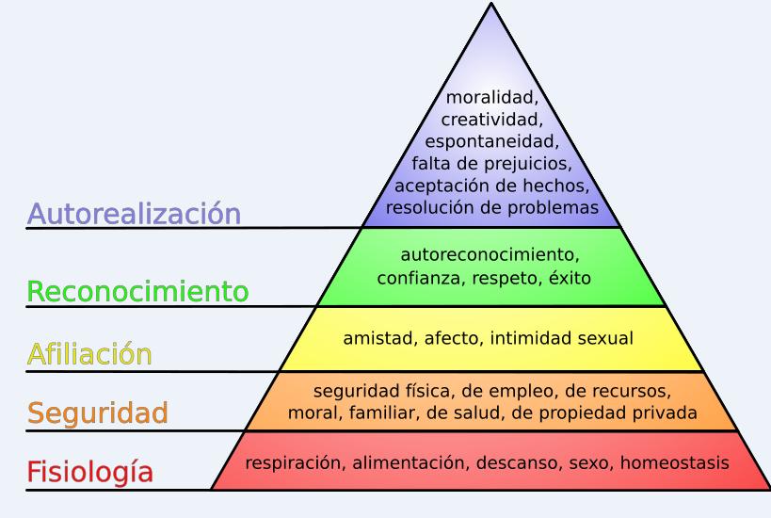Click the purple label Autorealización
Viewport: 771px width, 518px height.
134,214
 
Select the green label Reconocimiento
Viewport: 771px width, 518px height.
137,292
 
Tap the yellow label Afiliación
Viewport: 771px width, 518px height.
89,355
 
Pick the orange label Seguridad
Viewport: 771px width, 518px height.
98,413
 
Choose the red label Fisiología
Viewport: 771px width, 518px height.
89,472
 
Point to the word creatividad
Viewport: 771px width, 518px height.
491,120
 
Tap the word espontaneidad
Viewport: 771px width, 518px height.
491,142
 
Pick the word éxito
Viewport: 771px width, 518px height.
568,278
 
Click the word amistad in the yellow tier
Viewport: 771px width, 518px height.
375,338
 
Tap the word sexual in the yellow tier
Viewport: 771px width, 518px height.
604,338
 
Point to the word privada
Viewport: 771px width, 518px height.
665,413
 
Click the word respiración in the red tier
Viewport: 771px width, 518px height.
289,462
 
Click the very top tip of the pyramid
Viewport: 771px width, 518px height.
491,5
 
